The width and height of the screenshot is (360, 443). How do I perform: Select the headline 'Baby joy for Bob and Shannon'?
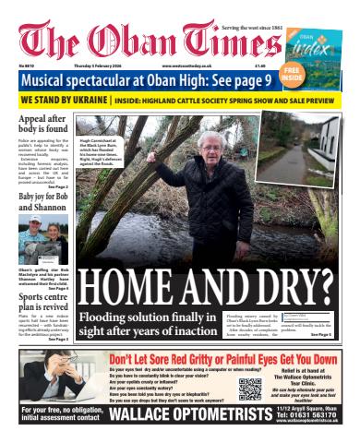pos(42,200)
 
